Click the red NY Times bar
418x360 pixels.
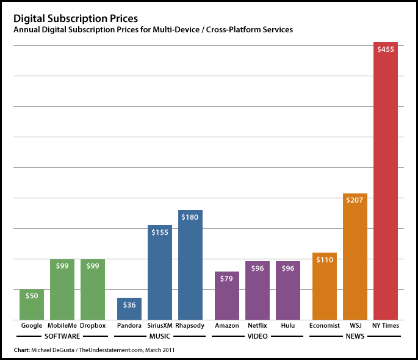point(385,183)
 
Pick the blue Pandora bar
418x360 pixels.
point(129,311)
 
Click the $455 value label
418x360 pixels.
point(385,50)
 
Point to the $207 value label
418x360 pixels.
point(355,200)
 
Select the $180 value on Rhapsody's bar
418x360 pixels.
point(190,217)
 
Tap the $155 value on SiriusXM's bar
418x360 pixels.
point(159,232)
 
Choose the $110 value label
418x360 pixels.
point(324,260)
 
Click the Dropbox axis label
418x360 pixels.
point(93,326)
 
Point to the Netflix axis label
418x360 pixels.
point(257,326)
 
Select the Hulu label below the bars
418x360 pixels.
point(287,326)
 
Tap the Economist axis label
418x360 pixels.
point(324,326)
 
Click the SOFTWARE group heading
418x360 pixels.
point(62,337)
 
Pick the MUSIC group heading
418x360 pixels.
point(159,337)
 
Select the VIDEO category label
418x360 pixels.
point(257,337)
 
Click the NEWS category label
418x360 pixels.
point(355,337)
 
